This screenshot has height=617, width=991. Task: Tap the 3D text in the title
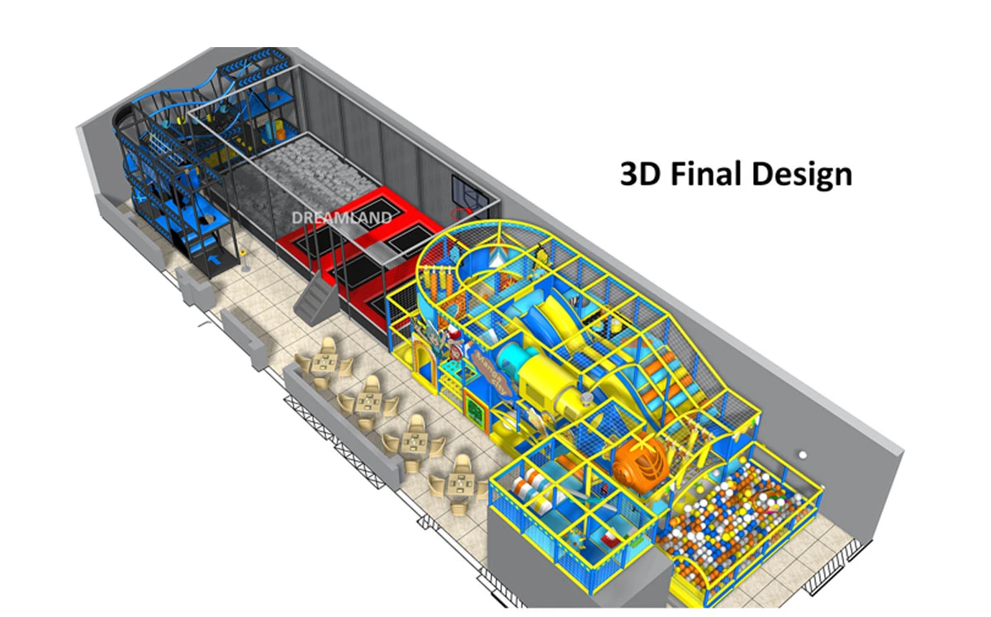641,173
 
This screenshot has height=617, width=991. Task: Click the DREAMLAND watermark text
342,218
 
